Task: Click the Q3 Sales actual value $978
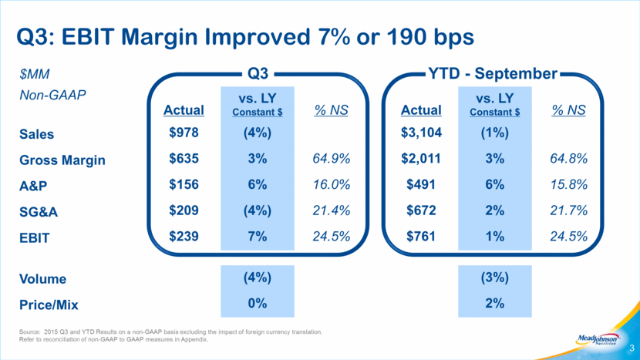click(184, 133)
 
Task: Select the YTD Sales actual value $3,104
click(421, 133)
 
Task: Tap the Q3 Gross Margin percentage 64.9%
click(331, 158)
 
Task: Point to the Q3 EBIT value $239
click(184, 237)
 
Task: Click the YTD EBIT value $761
click(421, 237)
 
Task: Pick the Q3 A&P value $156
click(184, 184)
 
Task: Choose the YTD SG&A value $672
click(421, 210)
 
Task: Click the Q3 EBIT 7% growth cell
click(257, 237)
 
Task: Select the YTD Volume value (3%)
click(495, 278)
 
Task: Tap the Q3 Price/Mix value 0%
click(257, 303)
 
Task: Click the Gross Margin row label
click(62, 160)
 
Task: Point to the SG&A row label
click(39, 212)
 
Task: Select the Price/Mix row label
click(49, 304)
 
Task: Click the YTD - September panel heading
click(493, 73)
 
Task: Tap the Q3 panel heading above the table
click(258, 73)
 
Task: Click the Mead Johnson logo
click(598, 339)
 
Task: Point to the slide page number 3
click(632, 348)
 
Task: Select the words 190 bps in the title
click(430, 37)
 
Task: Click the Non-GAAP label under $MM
click(52, 95)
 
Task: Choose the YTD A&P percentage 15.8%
click(568, 184)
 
